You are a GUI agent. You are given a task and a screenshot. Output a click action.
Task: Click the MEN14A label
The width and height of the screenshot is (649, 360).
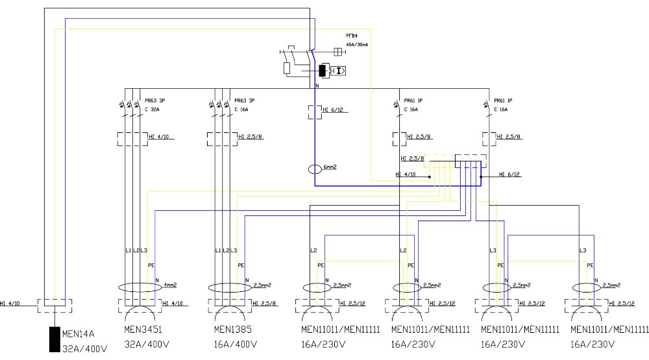(x=79, y=335)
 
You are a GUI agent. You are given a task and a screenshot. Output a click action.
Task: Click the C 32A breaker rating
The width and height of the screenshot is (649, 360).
(x=152, y=110)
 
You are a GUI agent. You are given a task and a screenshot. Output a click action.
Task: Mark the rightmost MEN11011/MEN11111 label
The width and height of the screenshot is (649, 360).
(x=609, y=330)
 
